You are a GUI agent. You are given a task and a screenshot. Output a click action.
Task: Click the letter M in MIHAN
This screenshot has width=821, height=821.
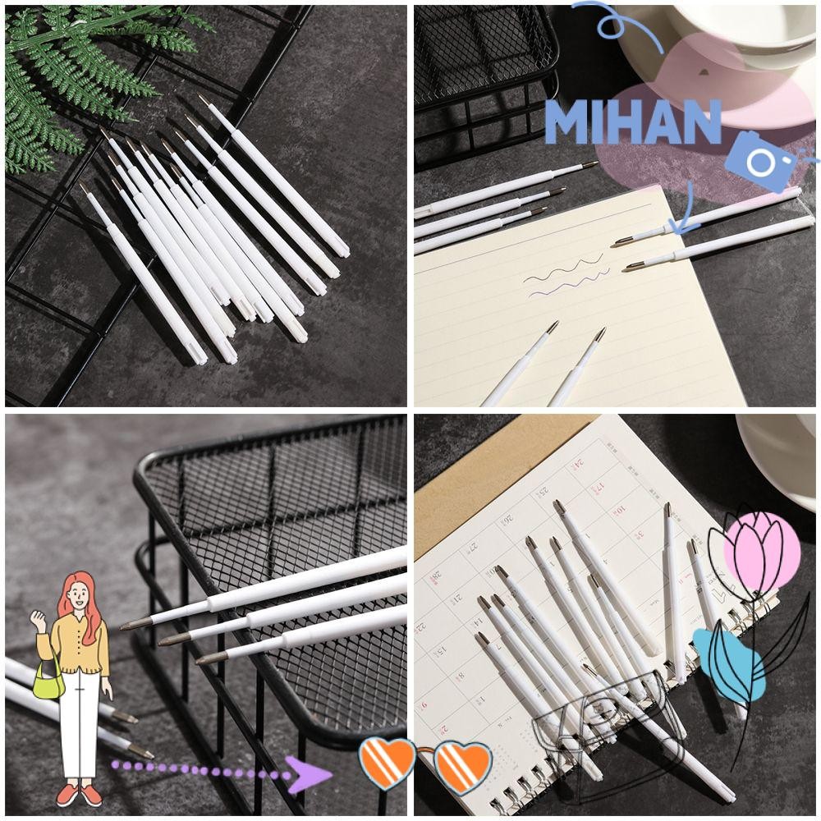coord(566,123)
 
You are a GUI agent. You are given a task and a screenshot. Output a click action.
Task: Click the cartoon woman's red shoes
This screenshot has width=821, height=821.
coord(79,794)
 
